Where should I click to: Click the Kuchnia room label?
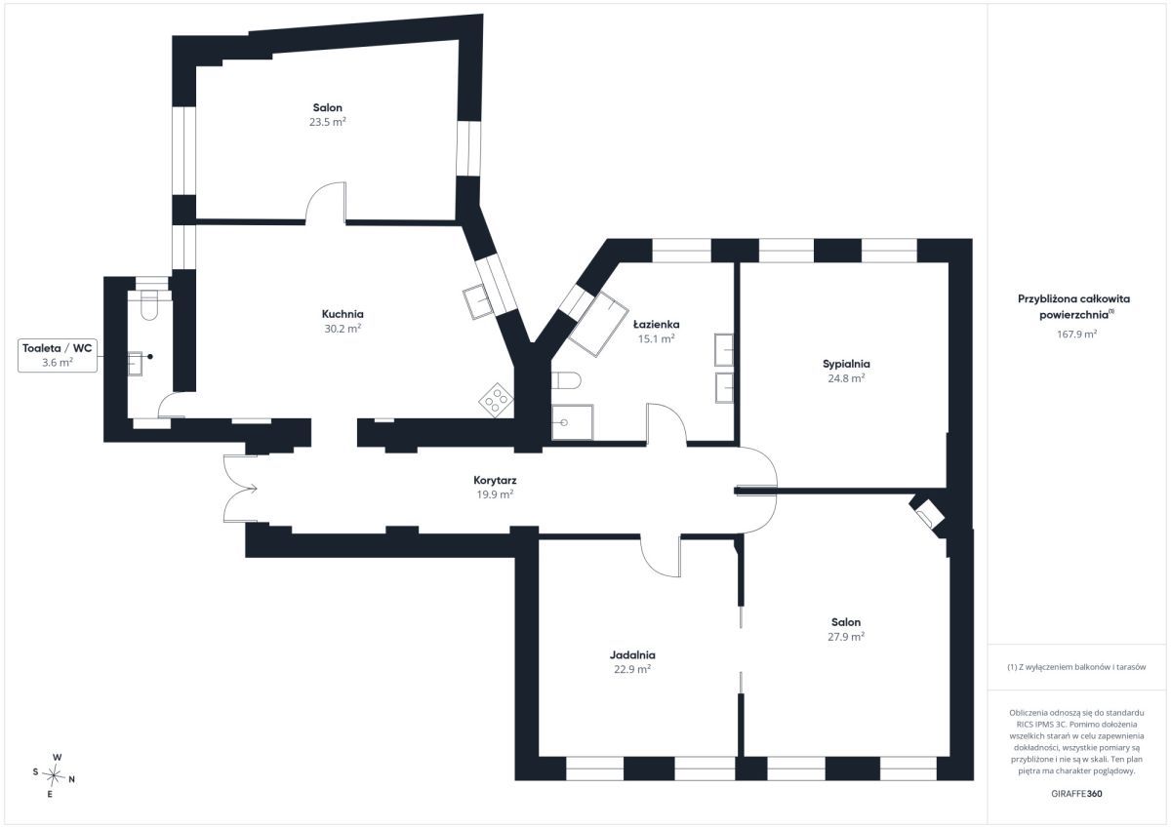click(343, 314)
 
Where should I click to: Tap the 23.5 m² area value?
click(327, 122)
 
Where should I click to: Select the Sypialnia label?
click(846, 364)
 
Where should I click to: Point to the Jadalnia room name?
click(632, 654)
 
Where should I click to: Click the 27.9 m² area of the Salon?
click(846, 636)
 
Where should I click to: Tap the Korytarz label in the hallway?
click(495, 480)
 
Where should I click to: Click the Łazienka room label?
click(656, 325)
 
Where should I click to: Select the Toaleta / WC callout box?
click(58, 355)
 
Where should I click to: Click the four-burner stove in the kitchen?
click(496, 400)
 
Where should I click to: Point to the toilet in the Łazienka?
click(566, 380)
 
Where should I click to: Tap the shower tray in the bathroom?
click(572, 422)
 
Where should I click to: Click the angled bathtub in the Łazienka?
click(598, 324)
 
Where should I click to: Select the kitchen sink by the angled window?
click(478, 301)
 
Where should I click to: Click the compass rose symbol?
click(54, 775)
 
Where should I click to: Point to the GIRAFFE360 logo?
click(1076, 794)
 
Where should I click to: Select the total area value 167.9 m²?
click(1076, 334)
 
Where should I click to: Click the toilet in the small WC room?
click(149, 305)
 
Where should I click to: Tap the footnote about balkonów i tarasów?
click(1076, 666)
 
